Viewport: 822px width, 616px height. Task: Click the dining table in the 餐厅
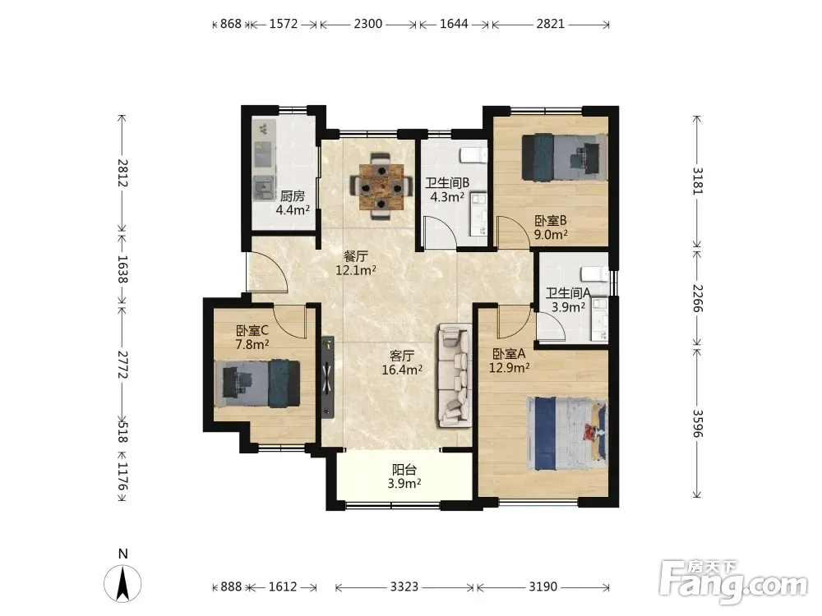click(x=381, y=186)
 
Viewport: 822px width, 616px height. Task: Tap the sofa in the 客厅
click(x=455, y=375)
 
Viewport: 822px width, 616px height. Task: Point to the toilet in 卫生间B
click(x=474, y=155)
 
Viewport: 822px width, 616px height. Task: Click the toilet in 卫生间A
click(x=595, y=274)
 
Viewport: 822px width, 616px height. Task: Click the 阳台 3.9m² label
click(x=404, y=476)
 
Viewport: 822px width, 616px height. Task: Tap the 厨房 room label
click(x=293, y=196)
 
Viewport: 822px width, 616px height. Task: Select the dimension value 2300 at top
click(x=368, y=24)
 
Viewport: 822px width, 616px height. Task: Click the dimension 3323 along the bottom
click(x=404, y=586)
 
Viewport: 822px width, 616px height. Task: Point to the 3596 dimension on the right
click(x=697, y=423)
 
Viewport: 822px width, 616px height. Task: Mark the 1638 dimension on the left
click(x=122, y=269)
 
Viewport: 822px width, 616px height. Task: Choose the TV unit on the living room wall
click(x=328, y=377)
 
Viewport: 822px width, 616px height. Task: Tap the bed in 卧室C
click(x=257, y=383)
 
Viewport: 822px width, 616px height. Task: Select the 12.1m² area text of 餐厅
click(x=356, y=270)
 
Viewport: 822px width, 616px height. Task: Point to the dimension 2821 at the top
click(x=551, y=24)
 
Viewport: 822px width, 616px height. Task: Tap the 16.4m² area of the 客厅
click(x=402, y=370)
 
